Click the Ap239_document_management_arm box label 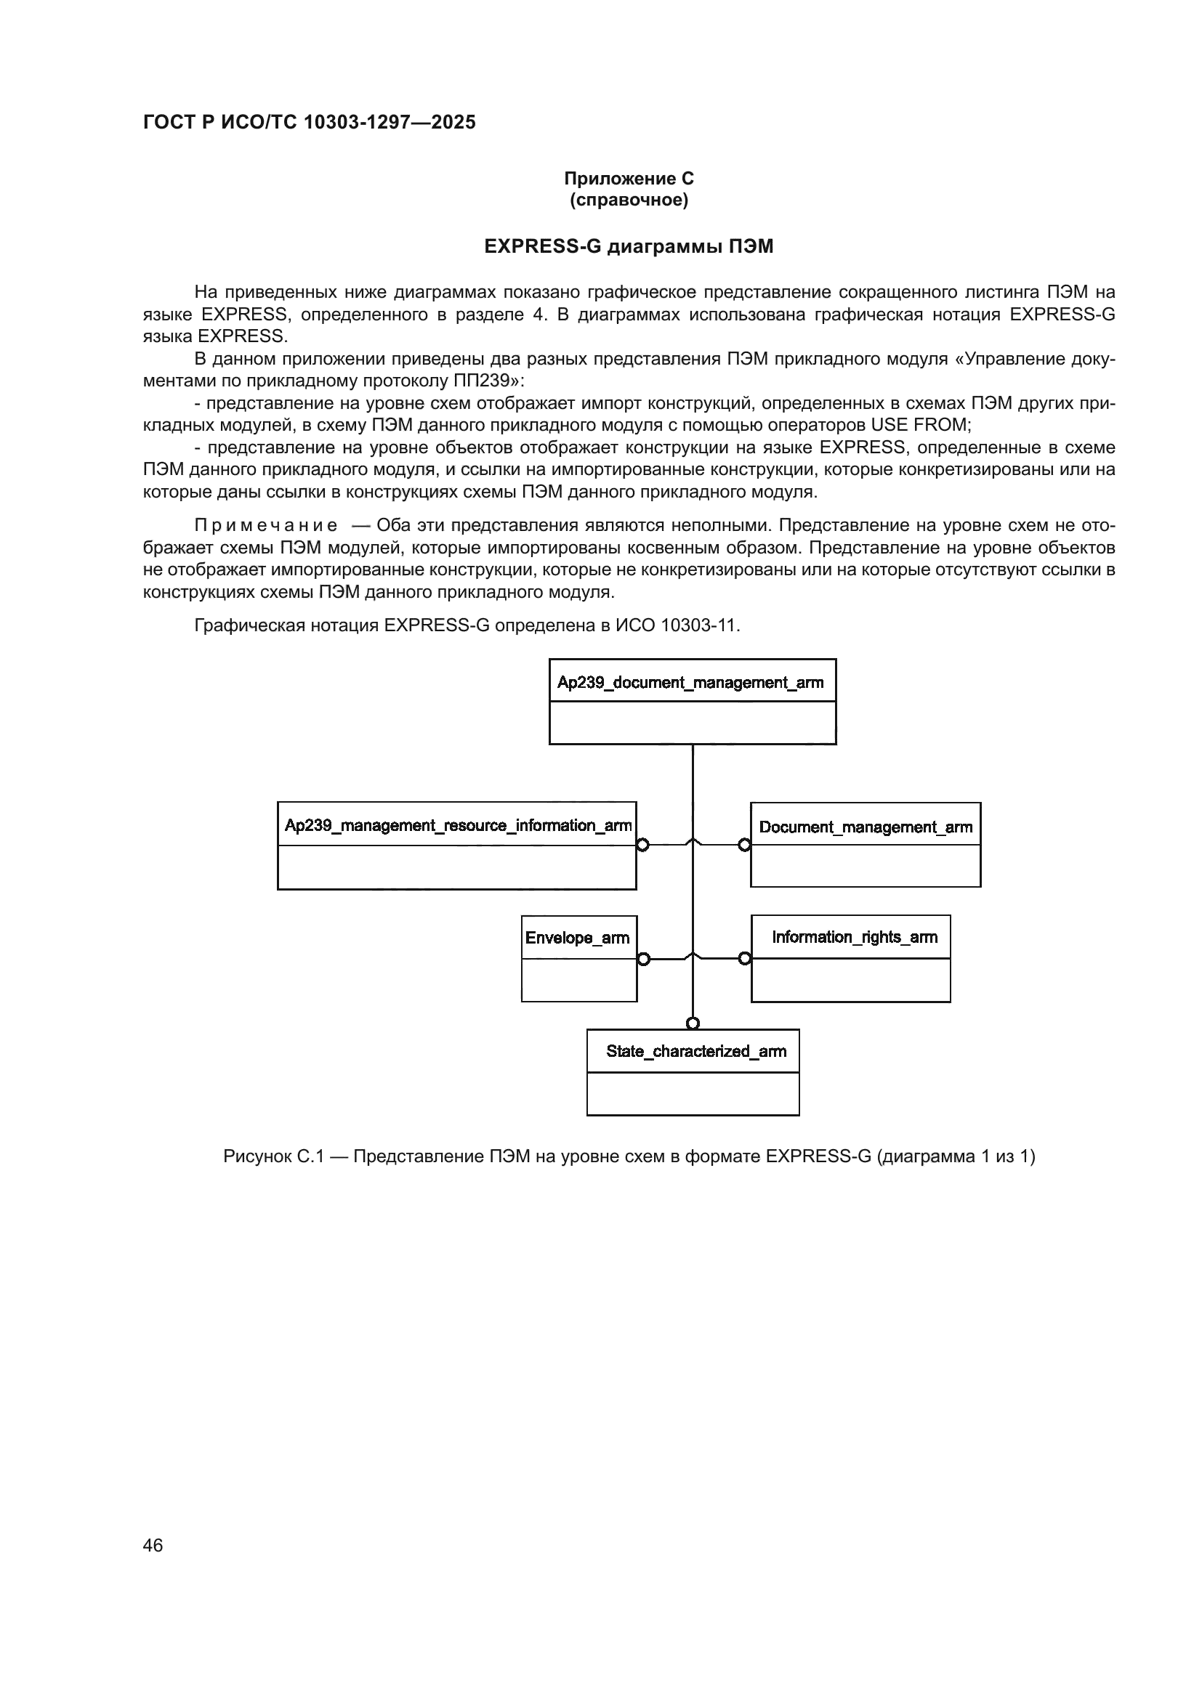coord(690,682)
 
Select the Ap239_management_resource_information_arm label coord(457,825)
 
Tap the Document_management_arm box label coord(866,827)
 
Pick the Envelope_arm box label coord(577,938)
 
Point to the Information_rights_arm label coord(854,937)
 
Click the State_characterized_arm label coord(695,1051)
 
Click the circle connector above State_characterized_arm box coord(692,1023)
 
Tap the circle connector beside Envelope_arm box coord(643,959)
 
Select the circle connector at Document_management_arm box coord(745,845)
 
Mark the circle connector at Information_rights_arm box coord(745,959)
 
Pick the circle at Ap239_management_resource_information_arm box coord(642,845)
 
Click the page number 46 coord(153,1545)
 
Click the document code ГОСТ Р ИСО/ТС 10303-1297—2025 coord(310,122)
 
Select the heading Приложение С coord(629,179)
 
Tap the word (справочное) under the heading coord(629,200)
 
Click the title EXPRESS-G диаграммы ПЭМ coord(629,246)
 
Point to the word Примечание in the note coord(266,525)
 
